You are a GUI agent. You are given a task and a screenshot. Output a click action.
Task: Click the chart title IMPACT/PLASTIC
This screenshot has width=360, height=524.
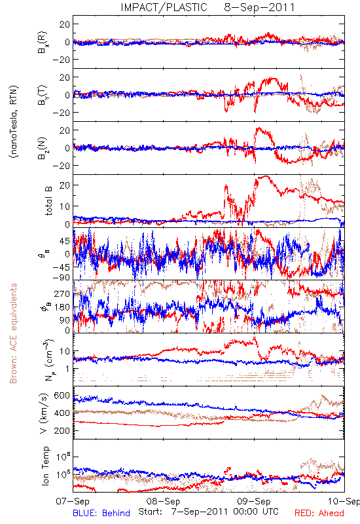pyautogui.click(x=164, y=7)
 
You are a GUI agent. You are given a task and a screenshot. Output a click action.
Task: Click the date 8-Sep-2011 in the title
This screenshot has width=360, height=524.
pyautogui.click(x=259, y=7)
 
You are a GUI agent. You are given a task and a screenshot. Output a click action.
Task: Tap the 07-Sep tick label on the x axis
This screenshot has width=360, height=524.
pyautogui.click(x=73, y=501)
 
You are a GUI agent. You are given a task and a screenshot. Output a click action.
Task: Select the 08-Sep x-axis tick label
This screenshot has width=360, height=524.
pyautogui.click(x=163, y=501)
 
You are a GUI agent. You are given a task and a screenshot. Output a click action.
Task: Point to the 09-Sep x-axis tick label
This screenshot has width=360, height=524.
pyautogui.click(x=254, y=501)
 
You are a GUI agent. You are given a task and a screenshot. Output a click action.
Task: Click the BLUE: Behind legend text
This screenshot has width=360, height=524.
pyautogui.click(x=101, y=513)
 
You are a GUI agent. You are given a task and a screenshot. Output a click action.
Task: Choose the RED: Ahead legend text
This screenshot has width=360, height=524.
pyautogui.click(x=319, y=513)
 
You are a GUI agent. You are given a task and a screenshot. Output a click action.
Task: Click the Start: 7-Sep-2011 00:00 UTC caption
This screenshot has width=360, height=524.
pyautogui.click(x=208, y=512)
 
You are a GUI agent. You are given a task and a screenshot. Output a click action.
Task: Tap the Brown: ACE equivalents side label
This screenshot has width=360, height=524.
pyautogui.click(x=13, y=333)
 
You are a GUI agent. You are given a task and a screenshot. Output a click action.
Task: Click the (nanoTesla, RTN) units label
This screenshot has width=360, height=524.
pyautogui.click(x=14, y=121)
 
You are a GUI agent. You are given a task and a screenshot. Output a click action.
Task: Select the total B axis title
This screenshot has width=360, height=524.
pyautogui.click(x=48, y=201)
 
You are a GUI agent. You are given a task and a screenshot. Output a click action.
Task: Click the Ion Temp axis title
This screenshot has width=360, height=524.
pyautogui.click(x=45, y=466)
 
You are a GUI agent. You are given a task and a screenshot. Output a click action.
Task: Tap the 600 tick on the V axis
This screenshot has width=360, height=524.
pyautogui.click(x=63, y=396)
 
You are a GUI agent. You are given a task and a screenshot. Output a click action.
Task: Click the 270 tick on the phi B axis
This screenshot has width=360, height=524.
pyautogui.click(x=63, y=293)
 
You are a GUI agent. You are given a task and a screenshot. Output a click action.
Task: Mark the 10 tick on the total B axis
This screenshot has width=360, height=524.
pyautogui.click(x=65, y=206)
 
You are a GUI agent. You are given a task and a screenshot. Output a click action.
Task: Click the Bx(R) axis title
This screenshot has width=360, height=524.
pyautogui.click(x=43, y=42)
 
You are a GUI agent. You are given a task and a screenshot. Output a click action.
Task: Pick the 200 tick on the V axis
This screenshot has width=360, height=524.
pyautogui.click(x=63, y=431)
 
